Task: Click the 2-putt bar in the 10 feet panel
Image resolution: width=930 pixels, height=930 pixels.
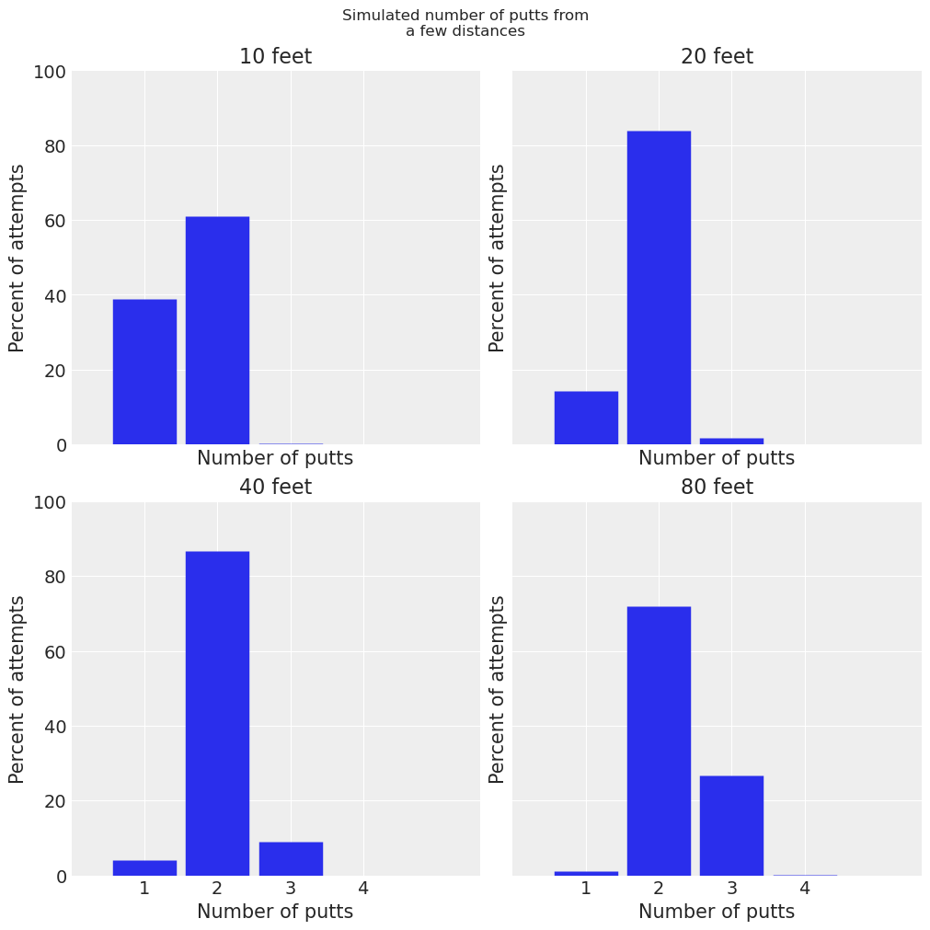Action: click(x=217, y=331)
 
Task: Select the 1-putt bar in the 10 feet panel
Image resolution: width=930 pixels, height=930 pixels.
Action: click(x=144, y=372)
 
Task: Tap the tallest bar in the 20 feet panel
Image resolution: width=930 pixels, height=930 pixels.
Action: click(x=659, y=287)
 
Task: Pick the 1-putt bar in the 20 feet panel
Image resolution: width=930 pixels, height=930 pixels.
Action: click(x=586, y=418)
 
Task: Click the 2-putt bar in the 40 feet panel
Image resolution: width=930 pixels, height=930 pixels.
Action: click(x=217, y=713)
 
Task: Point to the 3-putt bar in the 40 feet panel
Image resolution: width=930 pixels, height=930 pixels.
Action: click(x=291, y=858)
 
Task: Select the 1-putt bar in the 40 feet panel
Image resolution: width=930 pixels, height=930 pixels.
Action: click(x=144, y=867)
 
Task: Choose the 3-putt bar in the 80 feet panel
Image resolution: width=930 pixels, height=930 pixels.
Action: click(x=731, y=825)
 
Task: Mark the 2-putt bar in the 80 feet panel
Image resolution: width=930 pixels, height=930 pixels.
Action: click(x=659, y=741)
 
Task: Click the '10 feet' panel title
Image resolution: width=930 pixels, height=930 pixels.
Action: click(x=275, y=57)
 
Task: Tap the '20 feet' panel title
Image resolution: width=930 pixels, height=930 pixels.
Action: click(x=717, y=57)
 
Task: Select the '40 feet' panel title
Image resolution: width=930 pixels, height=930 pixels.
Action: click(x=275, y=488)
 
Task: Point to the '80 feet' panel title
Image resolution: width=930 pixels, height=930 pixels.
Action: click(x=717, y=488)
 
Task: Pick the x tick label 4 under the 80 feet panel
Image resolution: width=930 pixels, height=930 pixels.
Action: click(x=805, y=888)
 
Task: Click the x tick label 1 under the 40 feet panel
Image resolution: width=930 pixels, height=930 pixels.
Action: click(x=144, y=888)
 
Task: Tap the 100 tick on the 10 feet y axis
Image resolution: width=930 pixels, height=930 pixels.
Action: click(x=50, y=72)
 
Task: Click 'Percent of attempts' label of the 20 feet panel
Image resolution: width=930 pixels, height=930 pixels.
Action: click(x=498, y=258)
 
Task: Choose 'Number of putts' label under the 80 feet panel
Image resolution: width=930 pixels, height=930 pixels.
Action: click(x=717, y=912)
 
